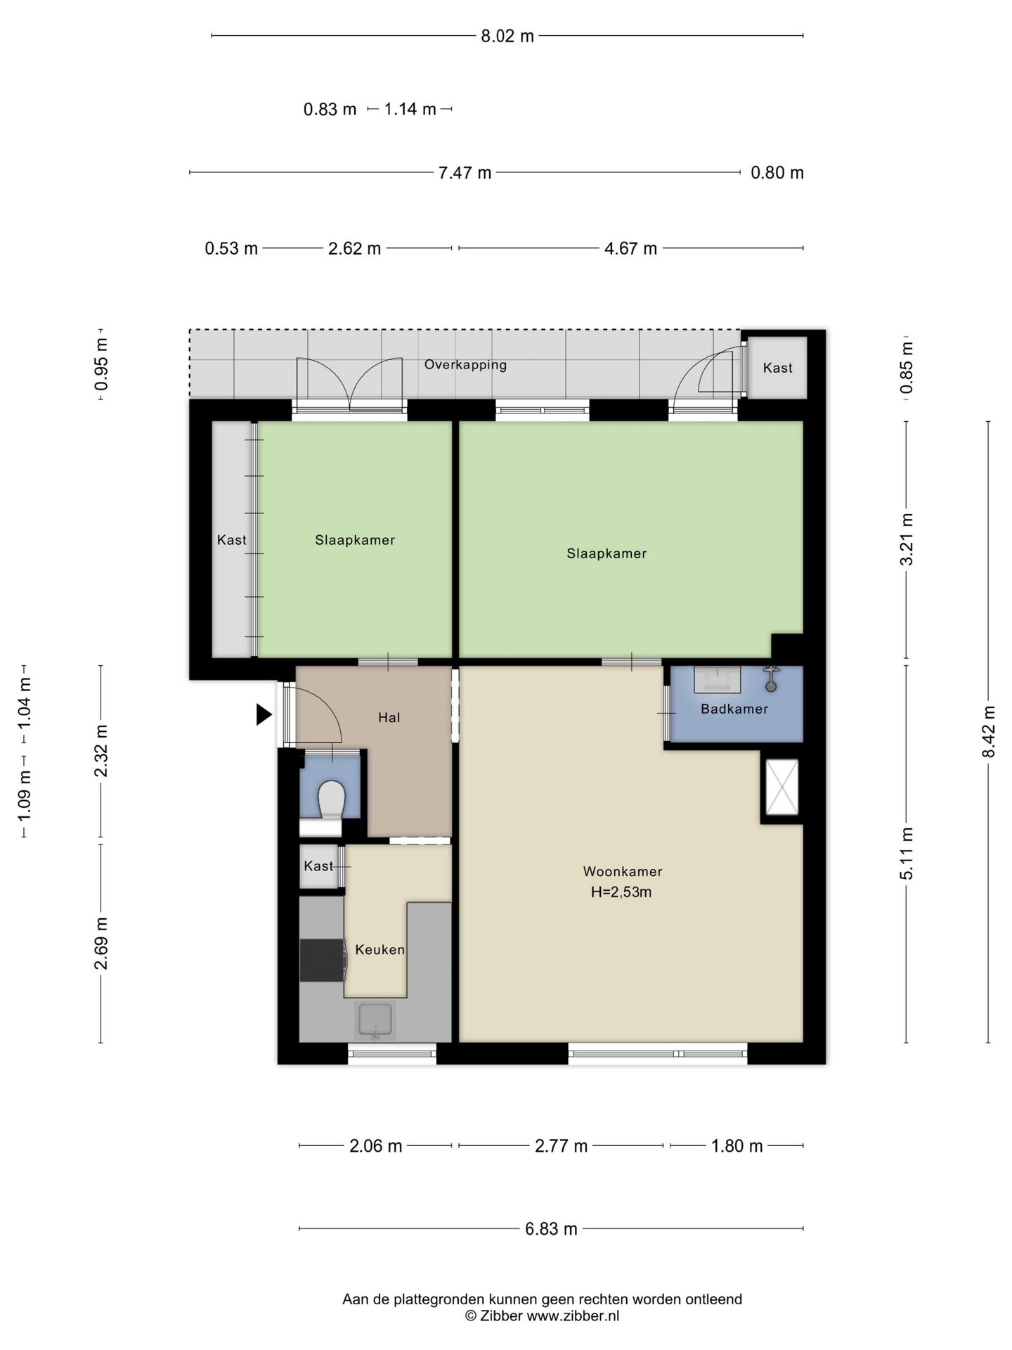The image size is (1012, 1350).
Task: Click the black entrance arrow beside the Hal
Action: (x=264, y=714)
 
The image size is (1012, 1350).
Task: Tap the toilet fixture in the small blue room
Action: (x=331, y=800)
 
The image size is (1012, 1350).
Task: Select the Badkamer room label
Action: (x=734, y=709)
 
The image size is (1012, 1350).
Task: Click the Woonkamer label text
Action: (x=623, y=871)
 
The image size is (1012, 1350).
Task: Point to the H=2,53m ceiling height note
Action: (x=621, y=892)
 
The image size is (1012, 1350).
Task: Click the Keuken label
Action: (x=380, y=950)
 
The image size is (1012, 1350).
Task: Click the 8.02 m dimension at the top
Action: (x=507, y=36)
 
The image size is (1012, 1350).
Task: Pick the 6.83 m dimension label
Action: (x=551, y=1228)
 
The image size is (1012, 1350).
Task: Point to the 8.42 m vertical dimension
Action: (x=989, y=731)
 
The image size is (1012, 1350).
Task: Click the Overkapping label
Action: (x=465, y=364)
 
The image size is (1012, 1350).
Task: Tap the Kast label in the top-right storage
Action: (x=777, y=367)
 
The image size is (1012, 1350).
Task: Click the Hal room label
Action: (x=389, y=717)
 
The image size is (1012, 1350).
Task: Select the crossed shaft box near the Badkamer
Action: (x=781, y=787)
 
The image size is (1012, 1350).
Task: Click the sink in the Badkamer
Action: (x=718, y=679)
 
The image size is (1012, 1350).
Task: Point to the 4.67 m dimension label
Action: (x=630, y=248)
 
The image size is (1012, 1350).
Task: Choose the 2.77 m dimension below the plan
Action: (x=561, y=1146)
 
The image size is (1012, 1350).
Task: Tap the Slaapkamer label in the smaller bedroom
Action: (x=355, y=540)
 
